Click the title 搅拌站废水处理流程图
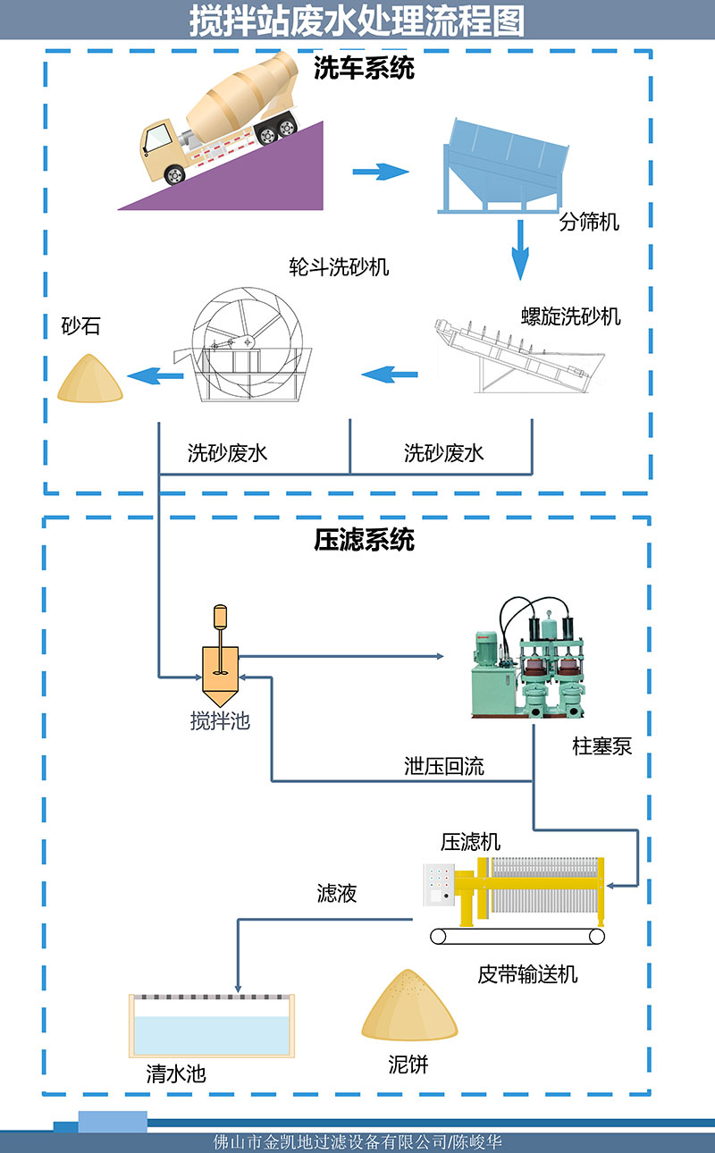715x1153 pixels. coord(357,20)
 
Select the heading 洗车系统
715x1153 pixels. coord(364,69)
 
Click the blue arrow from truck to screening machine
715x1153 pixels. coord(380,171)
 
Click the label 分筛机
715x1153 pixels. coord(589,222)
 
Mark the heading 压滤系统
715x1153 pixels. coord(364,540)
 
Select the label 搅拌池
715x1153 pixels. coord(220,720)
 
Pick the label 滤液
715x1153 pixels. coord(337,893)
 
